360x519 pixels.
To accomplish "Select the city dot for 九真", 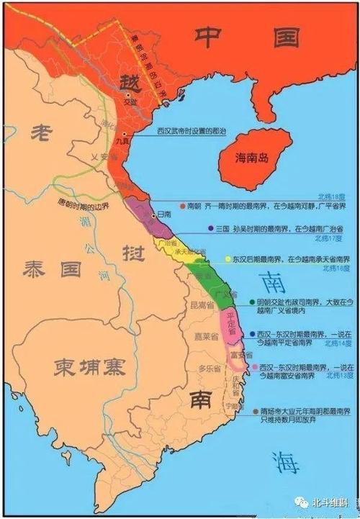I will [x=125, y=135].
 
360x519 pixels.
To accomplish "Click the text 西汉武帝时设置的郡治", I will [x=188, y=131].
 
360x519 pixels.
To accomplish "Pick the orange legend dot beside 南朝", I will [x=182, y=204].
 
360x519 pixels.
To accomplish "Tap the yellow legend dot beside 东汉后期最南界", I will [x=228, y=259].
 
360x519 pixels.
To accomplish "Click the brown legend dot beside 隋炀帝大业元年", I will [x=258, y=411].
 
